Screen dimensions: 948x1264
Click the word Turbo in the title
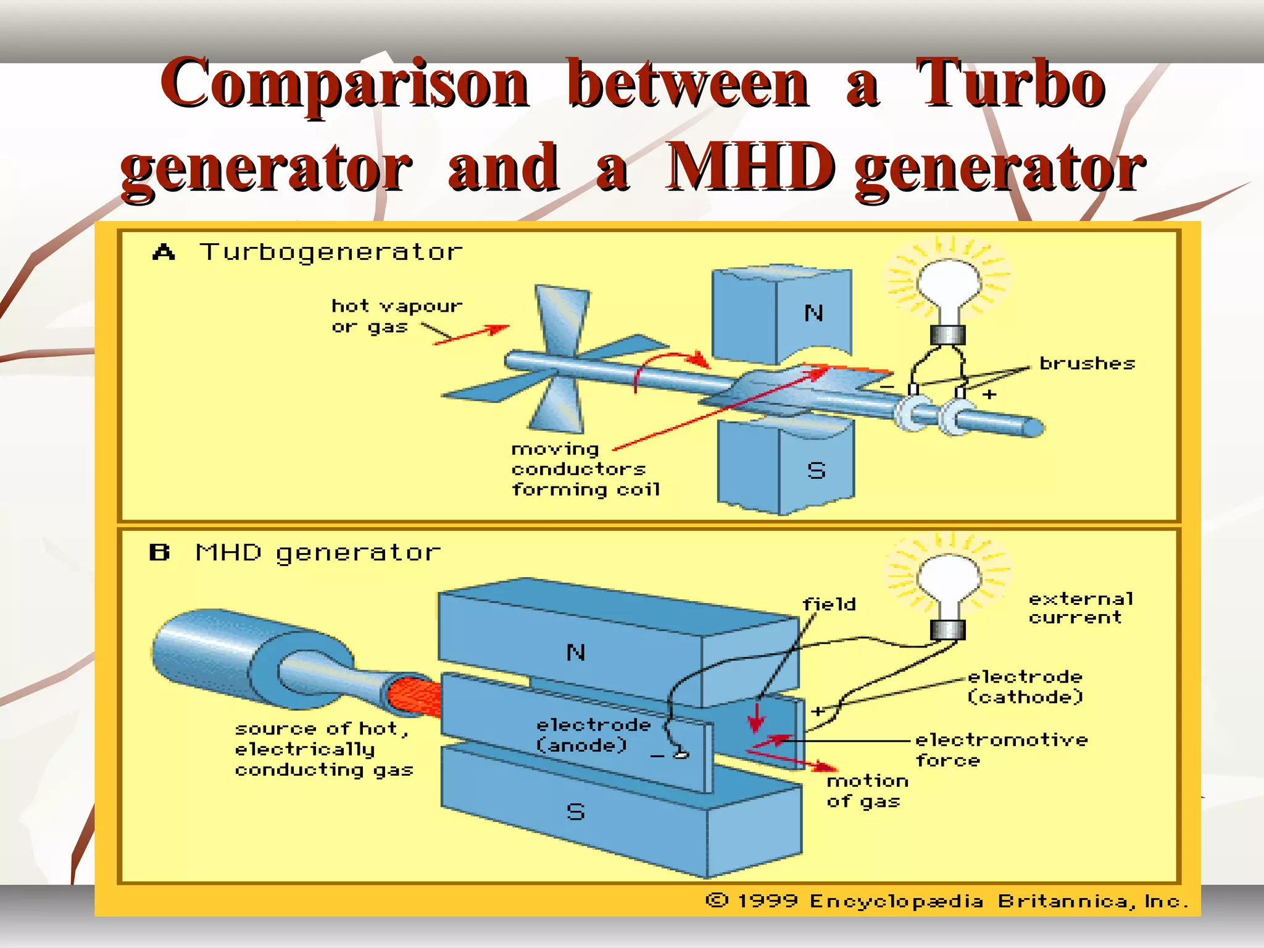[x=1010, y=83]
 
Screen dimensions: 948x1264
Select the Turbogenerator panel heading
[x=331, y=252]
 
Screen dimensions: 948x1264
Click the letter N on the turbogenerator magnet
[x=813, y=314]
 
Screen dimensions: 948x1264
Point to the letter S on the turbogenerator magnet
[x=816, y=471]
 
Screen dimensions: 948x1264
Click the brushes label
[x=1087, y=364]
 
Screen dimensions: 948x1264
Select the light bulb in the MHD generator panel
[x=948, y=586]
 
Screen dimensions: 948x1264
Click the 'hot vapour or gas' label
[x=395, y=316]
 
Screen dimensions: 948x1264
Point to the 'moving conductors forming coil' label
[x=584, y=470]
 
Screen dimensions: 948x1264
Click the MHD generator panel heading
[x=318, y=552]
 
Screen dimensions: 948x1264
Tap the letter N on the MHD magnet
[x=575, y=652]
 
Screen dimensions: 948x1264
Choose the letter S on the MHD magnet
[x=575, y=812]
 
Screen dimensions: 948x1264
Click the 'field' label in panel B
[x=829, y=604]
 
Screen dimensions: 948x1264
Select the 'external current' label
[x=1080, y=608]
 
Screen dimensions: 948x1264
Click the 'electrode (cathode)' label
[x=1025, y=687]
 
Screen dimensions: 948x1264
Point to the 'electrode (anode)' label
[x=592, y=735]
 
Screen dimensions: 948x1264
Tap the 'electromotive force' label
[x=1000, y=749]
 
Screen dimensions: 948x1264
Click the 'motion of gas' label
[x=867, y=791]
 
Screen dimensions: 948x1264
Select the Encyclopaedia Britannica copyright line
[x=947, y=901]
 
